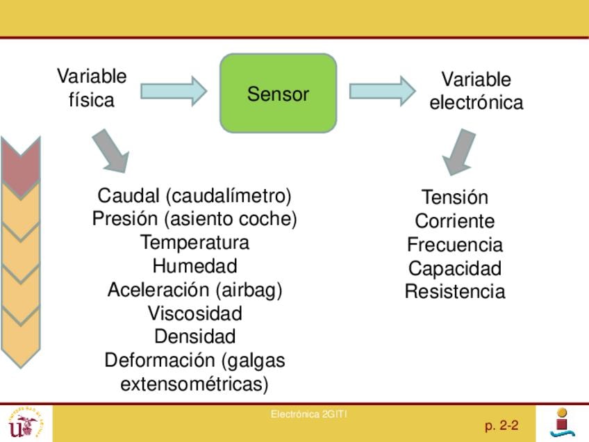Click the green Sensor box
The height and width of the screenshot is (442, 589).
coord(278,93)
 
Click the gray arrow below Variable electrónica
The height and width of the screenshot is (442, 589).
coord(458,152)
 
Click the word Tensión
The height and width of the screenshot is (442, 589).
coord(455,197)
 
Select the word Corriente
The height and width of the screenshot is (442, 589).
coord(455,221)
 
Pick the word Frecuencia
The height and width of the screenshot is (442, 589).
coord(455,245)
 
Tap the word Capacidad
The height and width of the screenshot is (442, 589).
coord(455,268)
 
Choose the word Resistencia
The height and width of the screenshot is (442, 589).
coord(455,291)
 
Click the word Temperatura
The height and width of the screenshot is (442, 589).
coord(194,243)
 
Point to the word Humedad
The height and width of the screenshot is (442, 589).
coord(194,266)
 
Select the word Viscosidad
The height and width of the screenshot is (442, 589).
coord(194,313)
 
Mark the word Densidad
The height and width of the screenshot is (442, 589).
coord(194,336)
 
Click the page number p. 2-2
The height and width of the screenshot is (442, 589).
coord(501,425)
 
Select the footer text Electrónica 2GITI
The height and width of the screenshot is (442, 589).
coord(309,415)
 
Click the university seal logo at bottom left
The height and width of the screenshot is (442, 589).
coord(25,423)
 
